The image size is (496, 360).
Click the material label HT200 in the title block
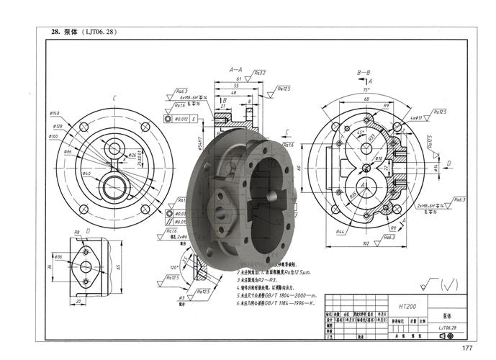pos(407,307)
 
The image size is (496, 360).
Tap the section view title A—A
pos(236,70)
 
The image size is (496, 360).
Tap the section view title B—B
pos(364,73)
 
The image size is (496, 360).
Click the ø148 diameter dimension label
pos(55,113)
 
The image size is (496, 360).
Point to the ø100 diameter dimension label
pos(53,136)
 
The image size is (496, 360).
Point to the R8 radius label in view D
pos(77,232)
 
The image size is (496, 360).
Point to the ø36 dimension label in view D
pos(58,257)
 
